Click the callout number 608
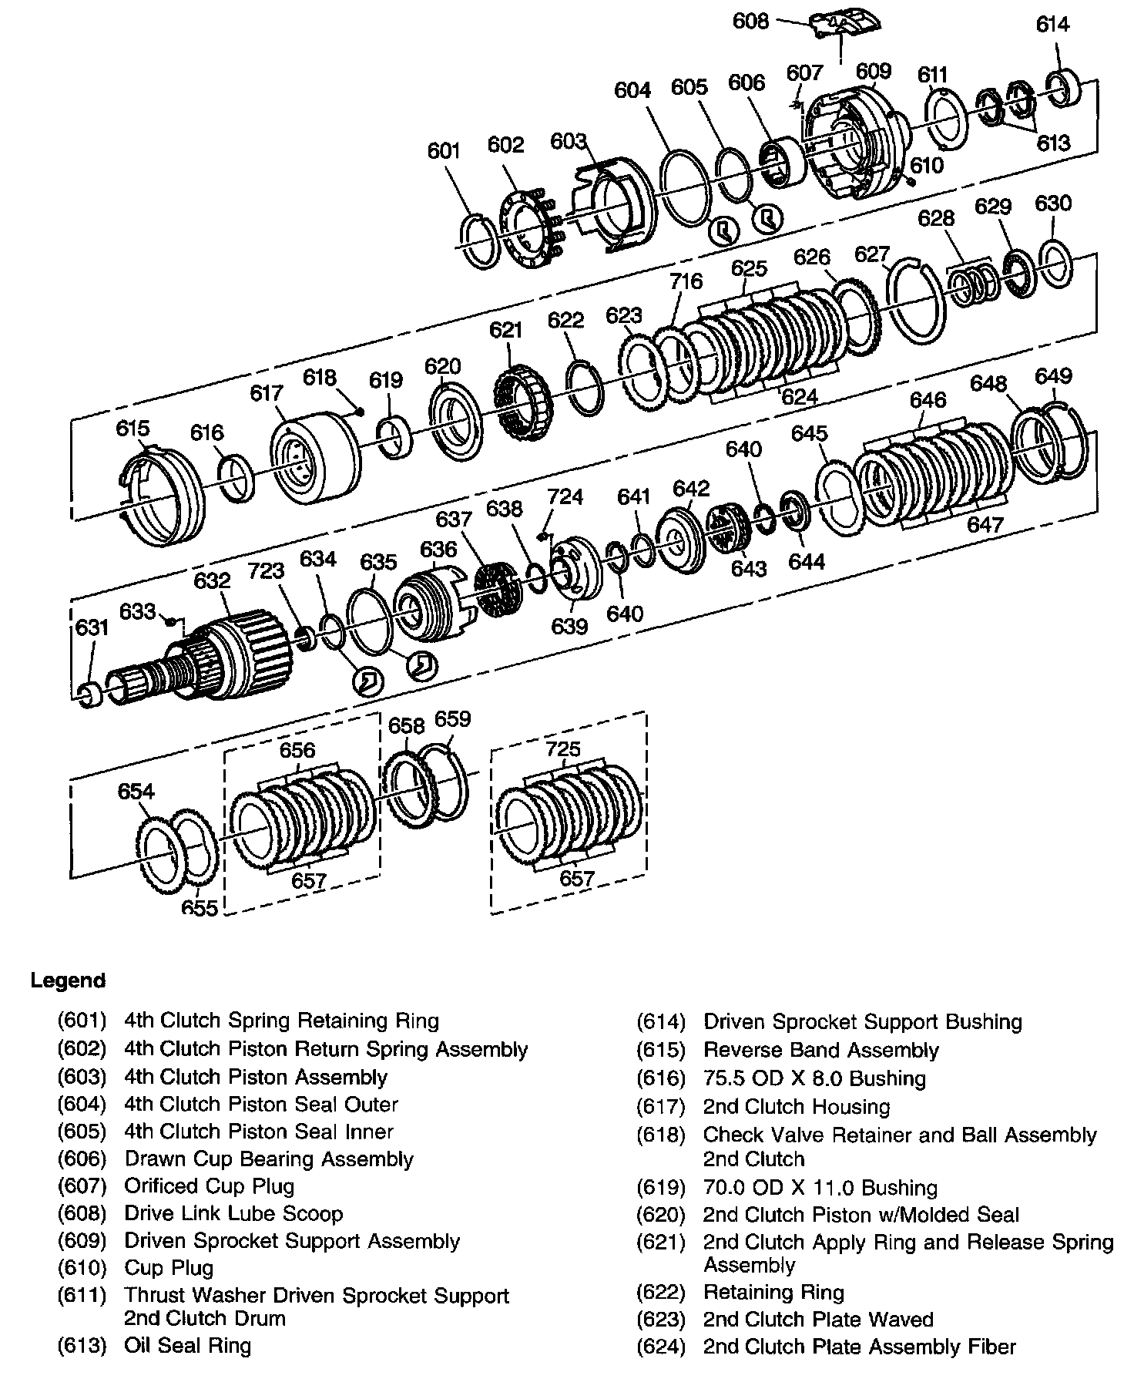coord(750,21)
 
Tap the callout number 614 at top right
coord(1052,25)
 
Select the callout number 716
coord(686,281)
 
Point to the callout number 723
coord(267,571)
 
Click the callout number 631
coord(92,627)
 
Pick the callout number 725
coord(563,749)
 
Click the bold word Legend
coord(68,980)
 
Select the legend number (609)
coord(82,1241)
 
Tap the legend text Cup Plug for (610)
coord(169,1268)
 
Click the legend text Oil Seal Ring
coord(187,1346)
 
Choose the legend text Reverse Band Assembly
coord(820,1051)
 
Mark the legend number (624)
coord(660,1347)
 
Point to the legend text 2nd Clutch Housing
coord(796,1107)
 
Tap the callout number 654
coord(136,792)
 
